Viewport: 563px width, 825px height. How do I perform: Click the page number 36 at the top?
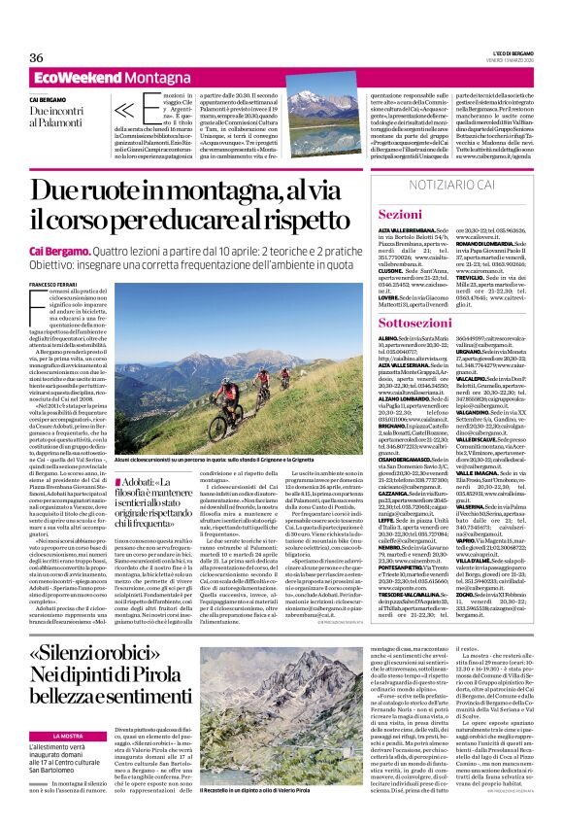coord(37,57)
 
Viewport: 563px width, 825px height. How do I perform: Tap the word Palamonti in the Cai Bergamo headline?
coord(65,122)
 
